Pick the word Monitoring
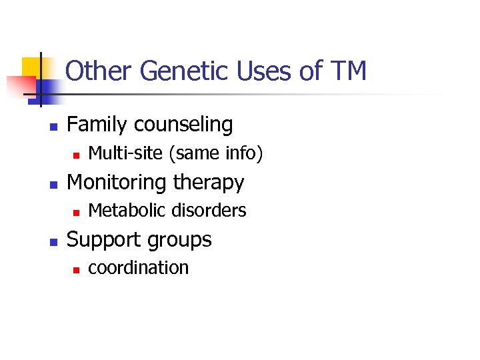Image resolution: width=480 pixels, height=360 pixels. [x=118, y=182]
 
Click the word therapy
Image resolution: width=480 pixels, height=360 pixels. [x=209, y=183]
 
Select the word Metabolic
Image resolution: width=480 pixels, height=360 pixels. [x=124, y=211]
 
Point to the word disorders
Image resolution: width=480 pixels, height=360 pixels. [x=207, y=211]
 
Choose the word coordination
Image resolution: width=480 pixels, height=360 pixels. [x=139, y=268]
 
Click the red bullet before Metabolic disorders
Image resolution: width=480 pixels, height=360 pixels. [x=76, y=212]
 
